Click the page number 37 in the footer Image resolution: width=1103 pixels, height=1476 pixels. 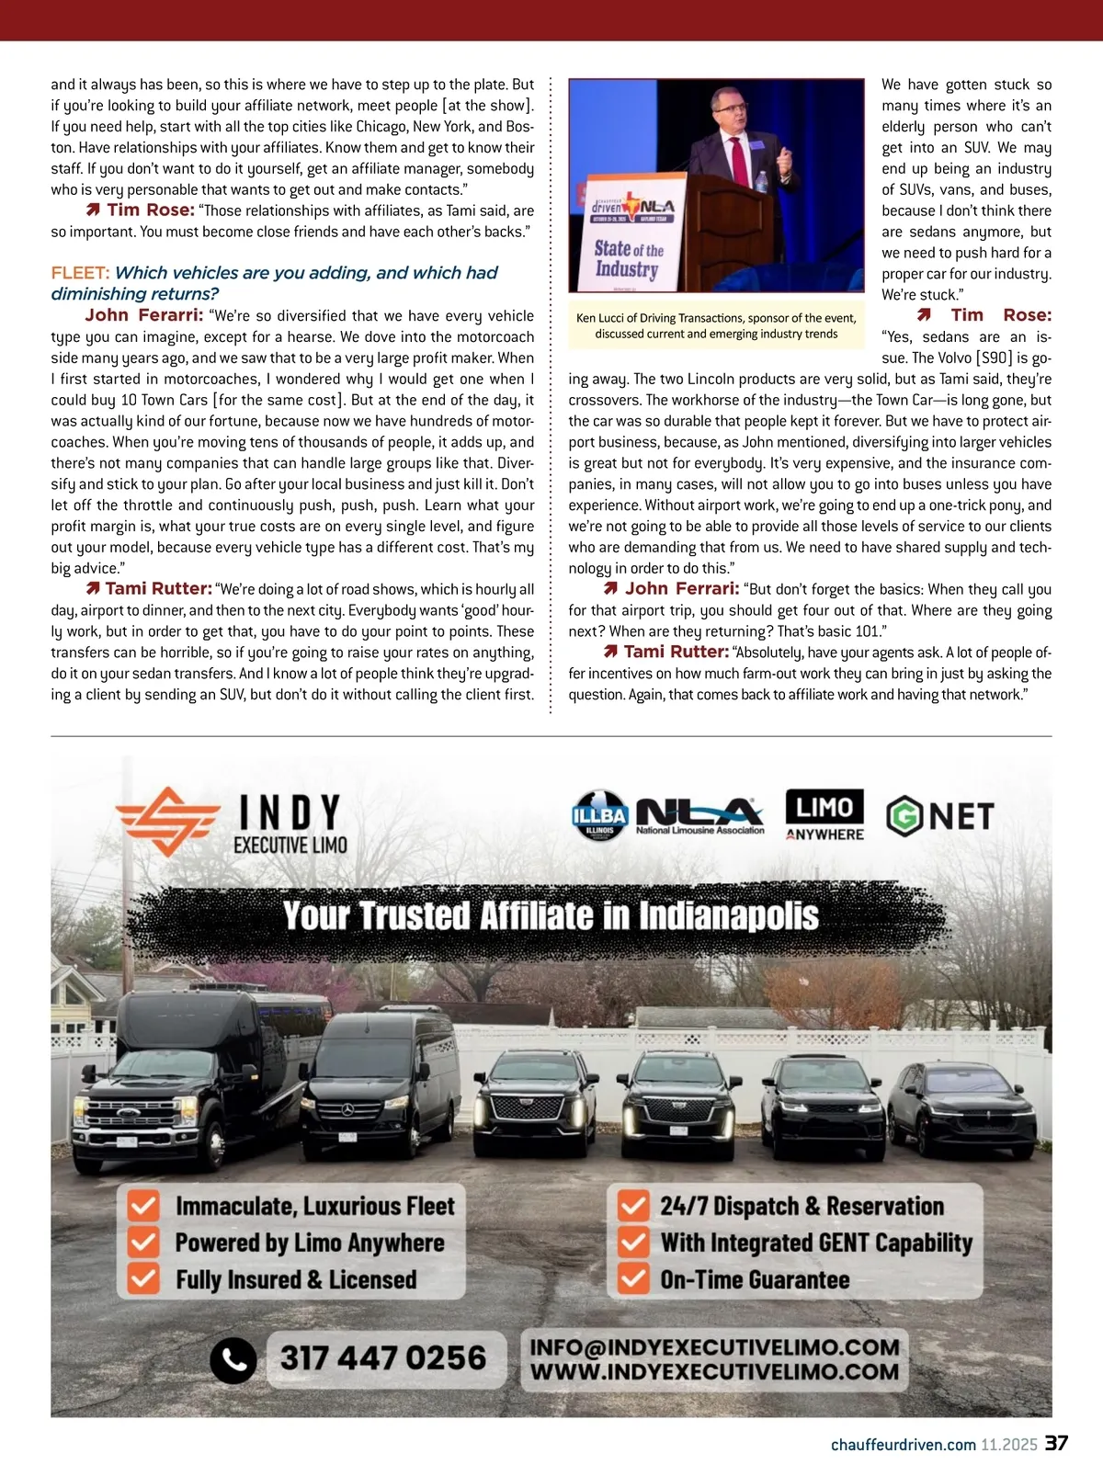(1056, 1443)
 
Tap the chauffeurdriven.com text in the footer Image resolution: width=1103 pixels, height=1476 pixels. (903, 1445)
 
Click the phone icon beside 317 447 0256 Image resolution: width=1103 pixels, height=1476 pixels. (233, 1359)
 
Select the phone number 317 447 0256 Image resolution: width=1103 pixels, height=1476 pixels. (382, 1358)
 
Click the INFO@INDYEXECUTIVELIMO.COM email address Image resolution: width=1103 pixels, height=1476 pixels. (714, 1347)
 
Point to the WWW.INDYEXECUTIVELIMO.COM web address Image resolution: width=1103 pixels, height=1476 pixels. (714, 1372)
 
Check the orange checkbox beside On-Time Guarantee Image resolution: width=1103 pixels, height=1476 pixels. (633, 1278)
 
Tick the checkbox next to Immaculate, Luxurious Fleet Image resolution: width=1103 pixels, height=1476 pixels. (143, 1205)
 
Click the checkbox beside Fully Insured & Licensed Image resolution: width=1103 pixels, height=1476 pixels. (143, 1278)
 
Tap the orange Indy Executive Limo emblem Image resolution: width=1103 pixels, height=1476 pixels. (168, 820)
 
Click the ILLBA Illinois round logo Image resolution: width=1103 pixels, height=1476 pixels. (599, 816)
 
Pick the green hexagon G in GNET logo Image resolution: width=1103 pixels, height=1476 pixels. (904, 815)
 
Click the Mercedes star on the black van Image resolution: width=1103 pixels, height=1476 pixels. (347, 1110)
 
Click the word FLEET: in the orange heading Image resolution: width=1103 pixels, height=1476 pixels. (80, 273)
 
